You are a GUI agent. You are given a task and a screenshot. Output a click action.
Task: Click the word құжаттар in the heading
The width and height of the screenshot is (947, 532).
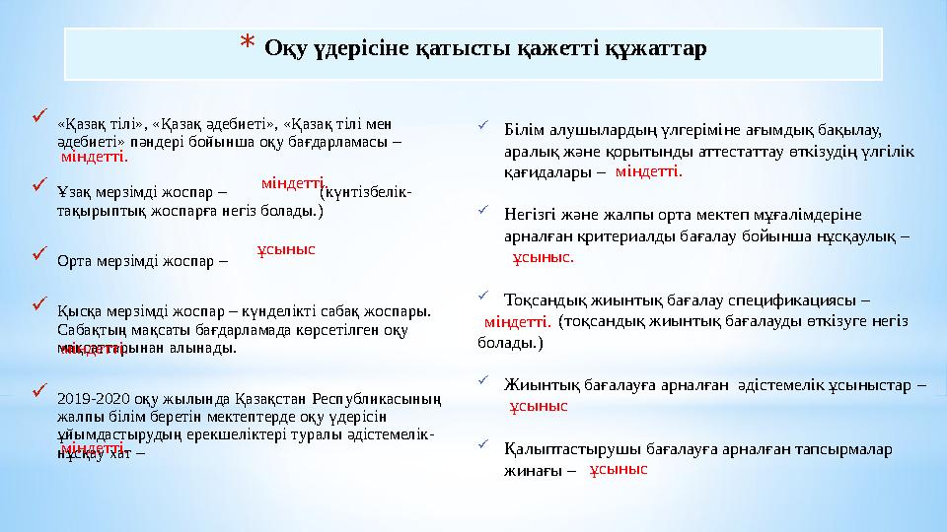pyautogui.click(x=662, y=48)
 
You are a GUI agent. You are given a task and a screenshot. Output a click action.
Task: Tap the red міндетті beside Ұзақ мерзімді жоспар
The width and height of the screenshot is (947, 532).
pyautogui.click(x=294, y=183)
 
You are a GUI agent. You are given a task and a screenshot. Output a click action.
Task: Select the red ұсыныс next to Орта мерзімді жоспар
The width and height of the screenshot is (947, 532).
pyautogui.click(x=285, y=250)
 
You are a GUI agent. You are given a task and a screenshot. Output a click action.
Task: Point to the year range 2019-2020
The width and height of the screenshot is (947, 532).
pyautogui.click(x=90, y=400)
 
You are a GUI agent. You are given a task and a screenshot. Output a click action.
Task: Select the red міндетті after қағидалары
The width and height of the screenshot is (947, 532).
pyautogui.click(x=648, y=171)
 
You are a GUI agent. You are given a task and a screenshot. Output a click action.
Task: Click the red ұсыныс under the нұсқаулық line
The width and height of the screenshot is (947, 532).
pyautogui.click(x=542, y=258)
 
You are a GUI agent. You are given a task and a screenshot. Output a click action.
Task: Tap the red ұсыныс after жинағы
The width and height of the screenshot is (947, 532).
pyautogui.click(x=618, y=471)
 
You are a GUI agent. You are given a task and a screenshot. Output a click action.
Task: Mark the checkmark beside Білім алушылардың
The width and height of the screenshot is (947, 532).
pyautogui.click(x=481, y=125)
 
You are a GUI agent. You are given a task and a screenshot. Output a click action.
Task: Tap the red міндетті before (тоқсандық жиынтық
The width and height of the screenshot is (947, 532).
pyautogui.click(x=517, y=321)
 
